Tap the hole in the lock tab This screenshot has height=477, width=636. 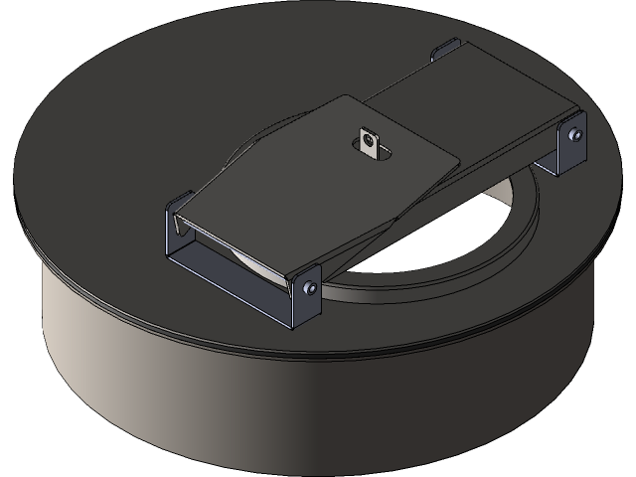click(x=370, y=139)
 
